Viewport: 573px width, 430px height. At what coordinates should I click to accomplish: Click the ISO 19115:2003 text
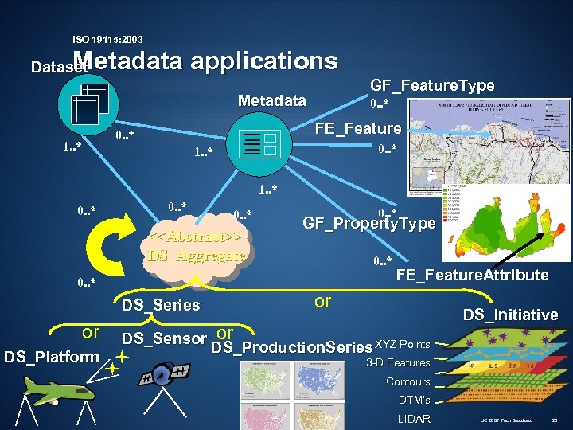point(107,39)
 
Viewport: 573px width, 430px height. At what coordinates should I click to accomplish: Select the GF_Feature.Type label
point(432,85)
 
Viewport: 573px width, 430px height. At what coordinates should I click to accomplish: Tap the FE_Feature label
point(358,128)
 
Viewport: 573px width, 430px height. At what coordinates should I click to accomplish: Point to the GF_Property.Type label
point(369,224)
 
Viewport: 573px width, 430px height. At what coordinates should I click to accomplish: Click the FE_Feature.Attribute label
point(472,275)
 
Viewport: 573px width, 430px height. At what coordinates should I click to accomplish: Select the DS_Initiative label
point(510,315)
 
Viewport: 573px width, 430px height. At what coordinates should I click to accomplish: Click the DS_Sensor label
point(164,338)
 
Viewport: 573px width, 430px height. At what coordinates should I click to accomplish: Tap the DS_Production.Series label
point(292,348)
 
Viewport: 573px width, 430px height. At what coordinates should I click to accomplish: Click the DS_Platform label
point(51,356)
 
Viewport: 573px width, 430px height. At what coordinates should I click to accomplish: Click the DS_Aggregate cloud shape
point(195,248)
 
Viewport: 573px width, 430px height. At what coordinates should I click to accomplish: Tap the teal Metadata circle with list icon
point(258,143)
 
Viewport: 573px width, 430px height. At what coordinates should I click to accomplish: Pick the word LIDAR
point(414,419)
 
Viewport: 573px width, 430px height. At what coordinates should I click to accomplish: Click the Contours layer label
point(407,381)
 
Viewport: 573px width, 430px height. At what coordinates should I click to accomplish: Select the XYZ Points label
point(403,344)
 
